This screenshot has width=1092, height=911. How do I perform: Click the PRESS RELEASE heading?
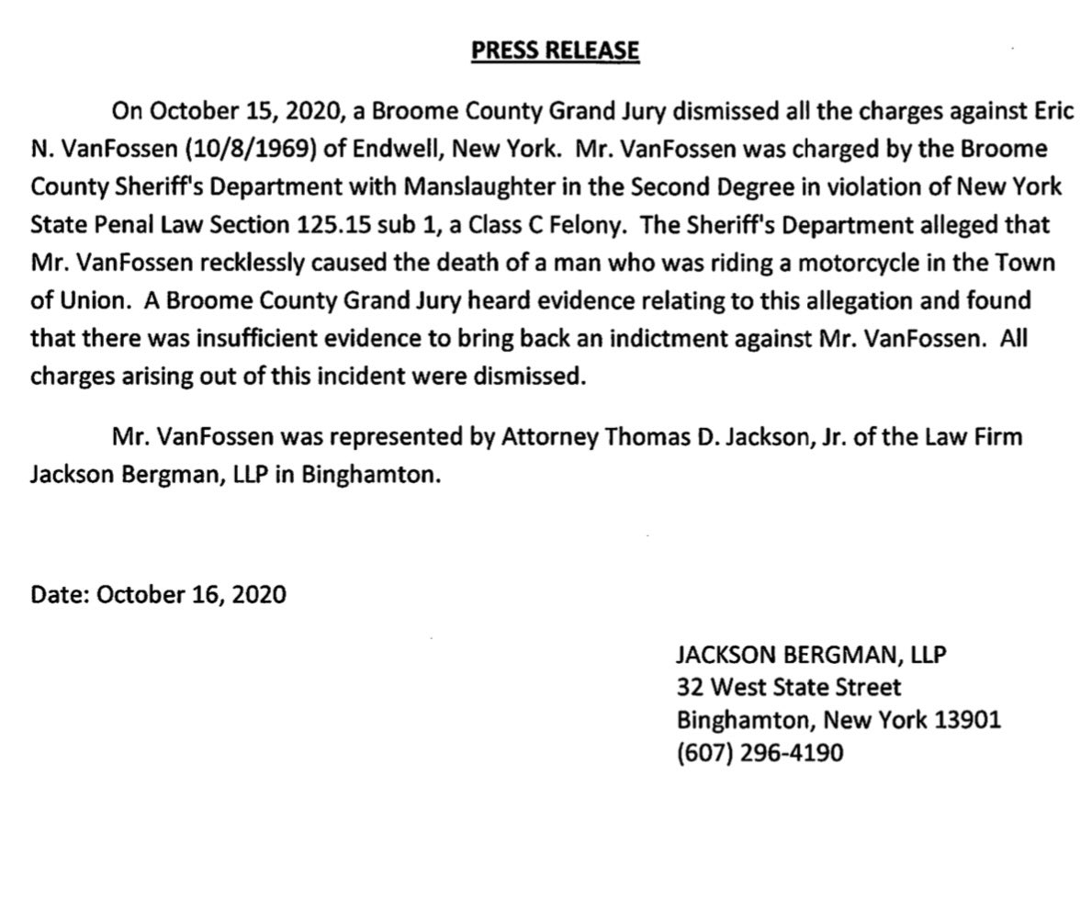pyautogui.click(x=555, y=50)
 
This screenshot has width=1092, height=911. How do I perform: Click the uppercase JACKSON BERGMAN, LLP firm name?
pyautogui.click(x=811, y=655)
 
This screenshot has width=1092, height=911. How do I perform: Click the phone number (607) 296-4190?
pyautogui.click(x=760, y=753)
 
